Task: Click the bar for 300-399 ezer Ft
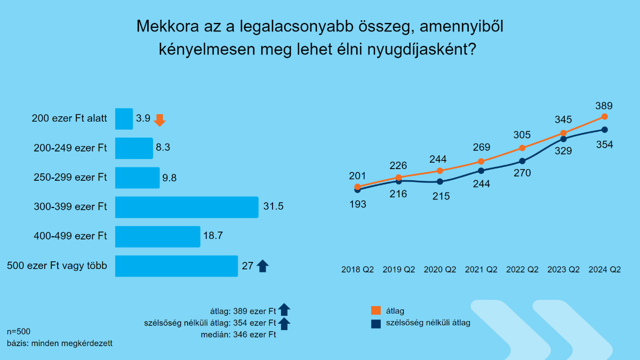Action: click(x=187, y=207)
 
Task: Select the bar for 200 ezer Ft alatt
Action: click(x=124, y=119)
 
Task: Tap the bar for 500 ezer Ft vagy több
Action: click(x=176, y=266)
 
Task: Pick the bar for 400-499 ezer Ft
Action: click(x=157, y=236)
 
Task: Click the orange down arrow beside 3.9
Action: click(x=159, y=120)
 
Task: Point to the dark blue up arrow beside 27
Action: click(x=262, y=266)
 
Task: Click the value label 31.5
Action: click(x=273, y=207)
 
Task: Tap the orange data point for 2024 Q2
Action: click(x=604, y=116)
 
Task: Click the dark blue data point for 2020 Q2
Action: click(x=440, y=181)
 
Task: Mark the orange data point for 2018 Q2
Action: click(x=357, y=186)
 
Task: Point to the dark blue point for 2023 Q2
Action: click(x=563, y=139)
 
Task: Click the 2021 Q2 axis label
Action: click(x=481, y=270)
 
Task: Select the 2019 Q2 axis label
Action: click(x=399, y=270)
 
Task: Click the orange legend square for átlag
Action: click(x=375, y=310)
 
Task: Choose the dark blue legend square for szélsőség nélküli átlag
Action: click(x=375, y=323)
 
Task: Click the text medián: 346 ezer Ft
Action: click(x=238, y=335)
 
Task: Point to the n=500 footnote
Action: click(x=19, y=331)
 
